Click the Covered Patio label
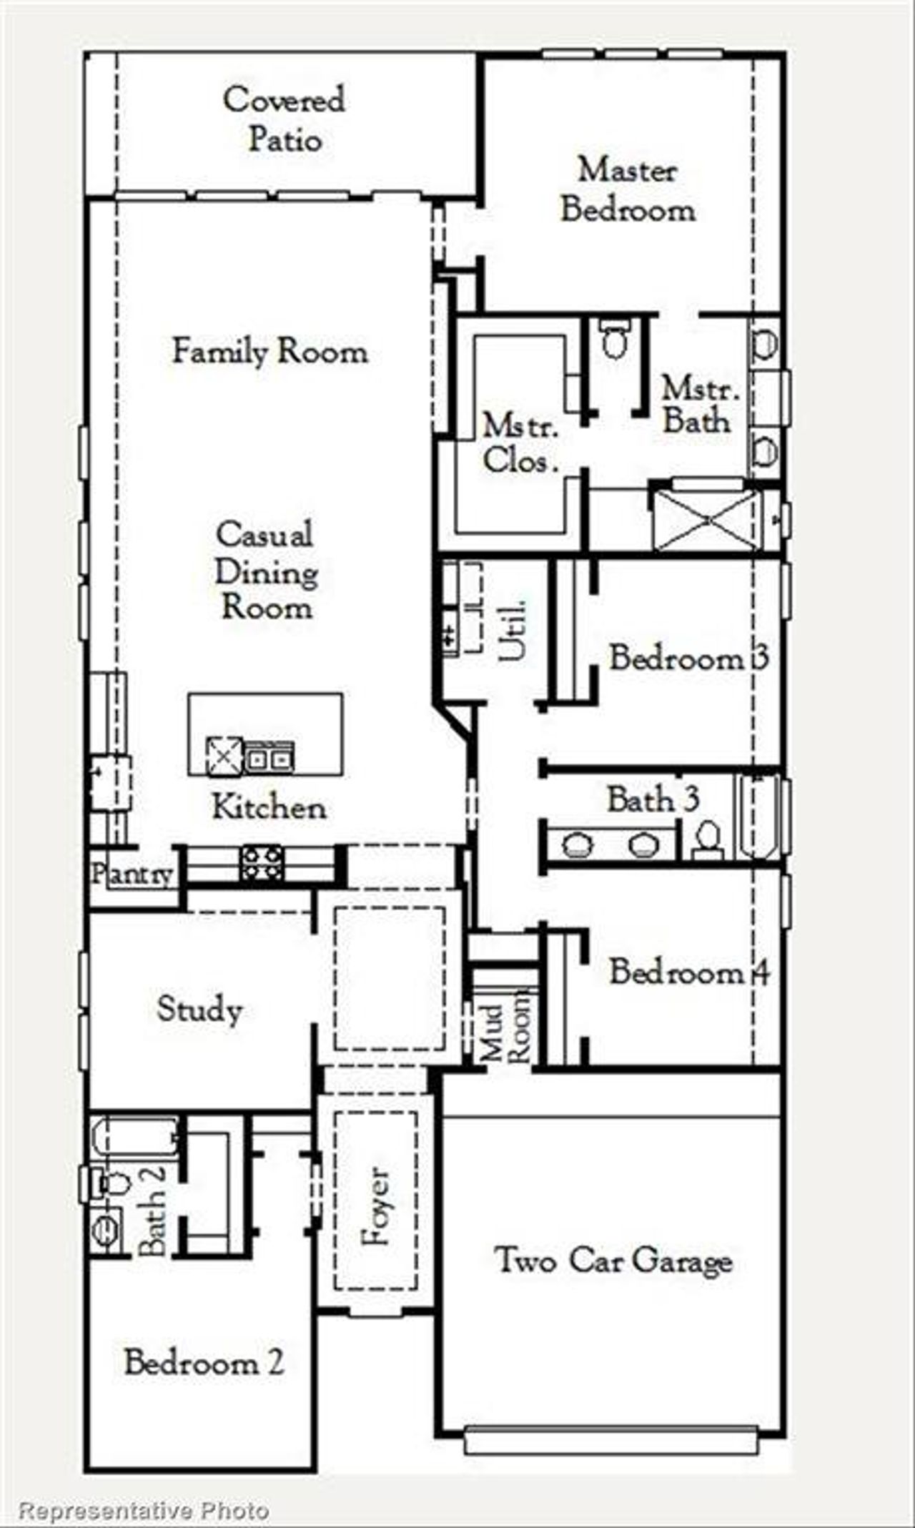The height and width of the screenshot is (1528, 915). pyautogui.click(x=285, y=119)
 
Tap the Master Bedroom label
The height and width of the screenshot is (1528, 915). pyautogui.click(x=627, y=190)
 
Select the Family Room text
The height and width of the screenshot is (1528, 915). pyautogui.click(x=270, y=352)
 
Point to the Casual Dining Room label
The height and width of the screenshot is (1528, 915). pyautogui.click(x=266, y=571)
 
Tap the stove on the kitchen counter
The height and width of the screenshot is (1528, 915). pyautogui.click(x=261, y=863)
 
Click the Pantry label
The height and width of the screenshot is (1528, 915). pyautogui.click(x=132, y=874)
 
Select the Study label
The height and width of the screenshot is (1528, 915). pyautogui.click(x=199, y=1009)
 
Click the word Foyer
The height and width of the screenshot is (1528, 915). pyautogui.click(x=375, y=1207)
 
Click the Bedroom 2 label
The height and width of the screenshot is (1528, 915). pyautogui.click(x=204, y=1362)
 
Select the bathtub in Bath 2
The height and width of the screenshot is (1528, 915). pyautogui.click(x=134, y=1136)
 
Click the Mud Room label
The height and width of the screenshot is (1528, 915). pyautogui.click(x=505, y=1025)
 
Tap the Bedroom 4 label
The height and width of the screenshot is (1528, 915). pyautogui.click(x=689, y=972)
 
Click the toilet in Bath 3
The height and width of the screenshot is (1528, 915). pyautogui.click(x=707, y=839)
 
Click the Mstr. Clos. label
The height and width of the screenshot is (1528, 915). pyautogui.click(x=520, y=444)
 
